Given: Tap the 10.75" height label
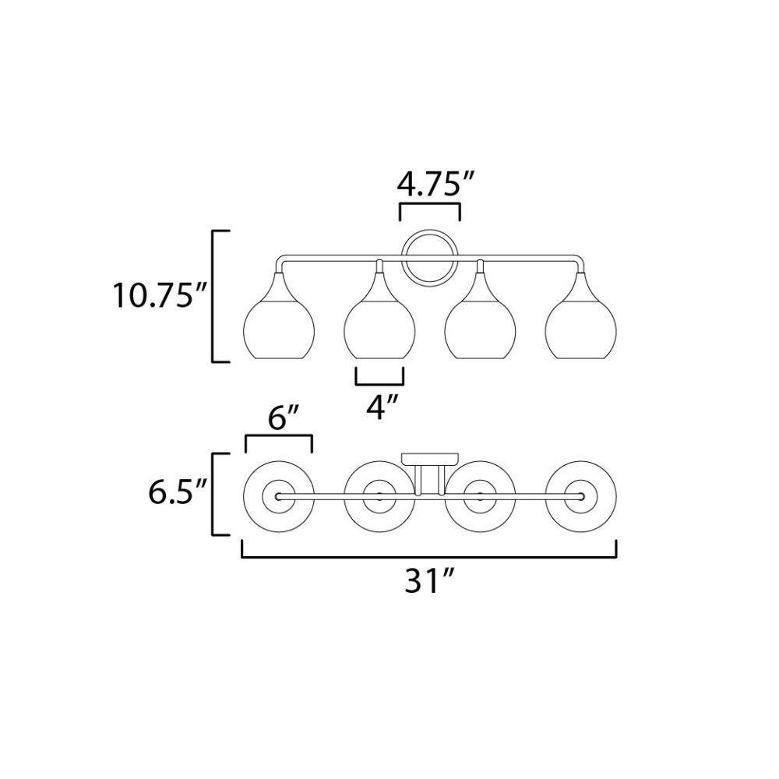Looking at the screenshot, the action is click(153, 295).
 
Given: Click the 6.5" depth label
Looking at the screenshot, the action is click(177, 492).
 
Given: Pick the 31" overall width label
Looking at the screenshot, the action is click(429, 580).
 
